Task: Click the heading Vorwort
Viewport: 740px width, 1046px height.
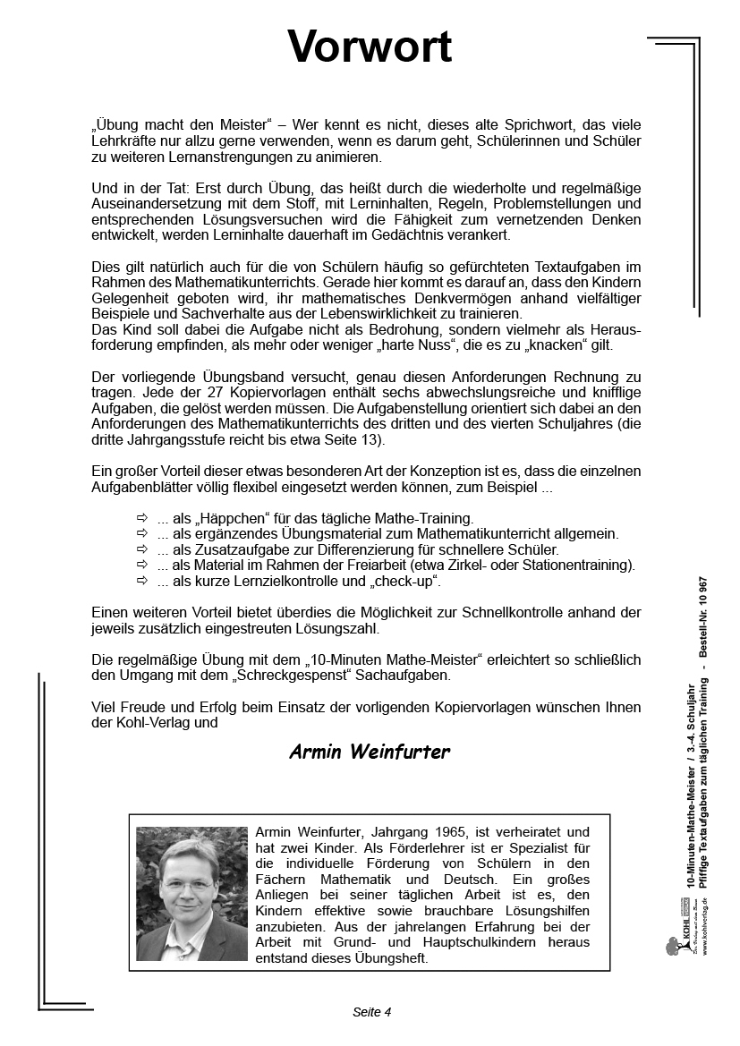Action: click(370, 47)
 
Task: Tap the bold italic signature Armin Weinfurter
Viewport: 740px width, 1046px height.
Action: click(370, 752)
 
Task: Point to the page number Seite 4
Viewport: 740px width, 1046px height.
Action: click(372, 1012)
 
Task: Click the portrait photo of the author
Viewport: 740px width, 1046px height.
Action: click(191, 893)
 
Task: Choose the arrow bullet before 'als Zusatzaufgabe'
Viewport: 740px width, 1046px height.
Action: click(140, 549)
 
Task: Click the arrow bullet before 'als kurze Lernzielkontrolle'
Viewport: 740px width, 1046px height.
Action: click(140, 581)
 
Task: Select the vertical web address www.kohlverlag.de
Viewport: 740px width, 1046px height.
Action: click(705, 926)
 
